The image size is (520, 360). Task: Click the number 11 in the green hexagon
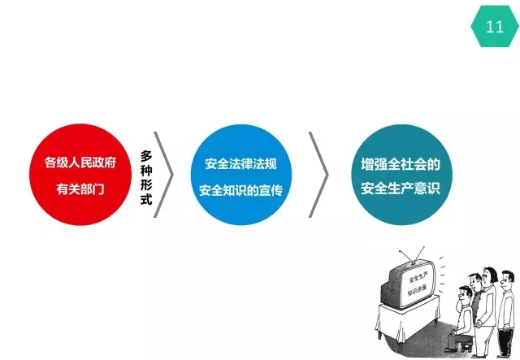(x=495, y=26)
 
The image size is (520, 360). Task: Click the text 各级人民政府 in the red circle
(x=80, y=163)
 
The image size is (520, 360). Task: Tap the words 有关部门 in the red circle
(x=80, y=189)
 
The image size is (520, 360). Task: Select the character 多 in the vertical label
(x=146, y=156)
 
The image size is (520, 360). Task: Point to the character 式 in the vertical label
(x=146, y=199)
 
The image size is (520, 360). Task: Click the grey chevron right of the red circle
(x=164, y=175)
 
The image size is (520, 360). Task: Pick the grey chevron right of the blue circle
(x=318, y=175)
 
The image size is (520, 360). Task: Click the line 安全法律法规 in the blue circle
(x=240, y=164)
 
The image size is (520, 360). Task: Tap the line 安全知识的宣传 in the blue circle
(x=240, y=190)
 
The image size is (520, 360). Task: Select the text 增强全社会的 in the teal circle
(x=401, y=165)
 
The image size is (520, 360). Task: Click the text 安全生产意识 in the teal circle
(x=401, y=189)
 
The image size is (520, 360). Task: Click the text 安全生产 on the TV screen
(x=418, y=278)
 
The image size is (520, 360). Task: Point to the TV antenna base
(x=414, y=262)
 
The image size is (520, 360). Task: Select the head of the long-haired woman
(x=488, y=277)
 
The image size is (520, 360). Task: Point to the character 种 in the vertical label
(x=146, y=171)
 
